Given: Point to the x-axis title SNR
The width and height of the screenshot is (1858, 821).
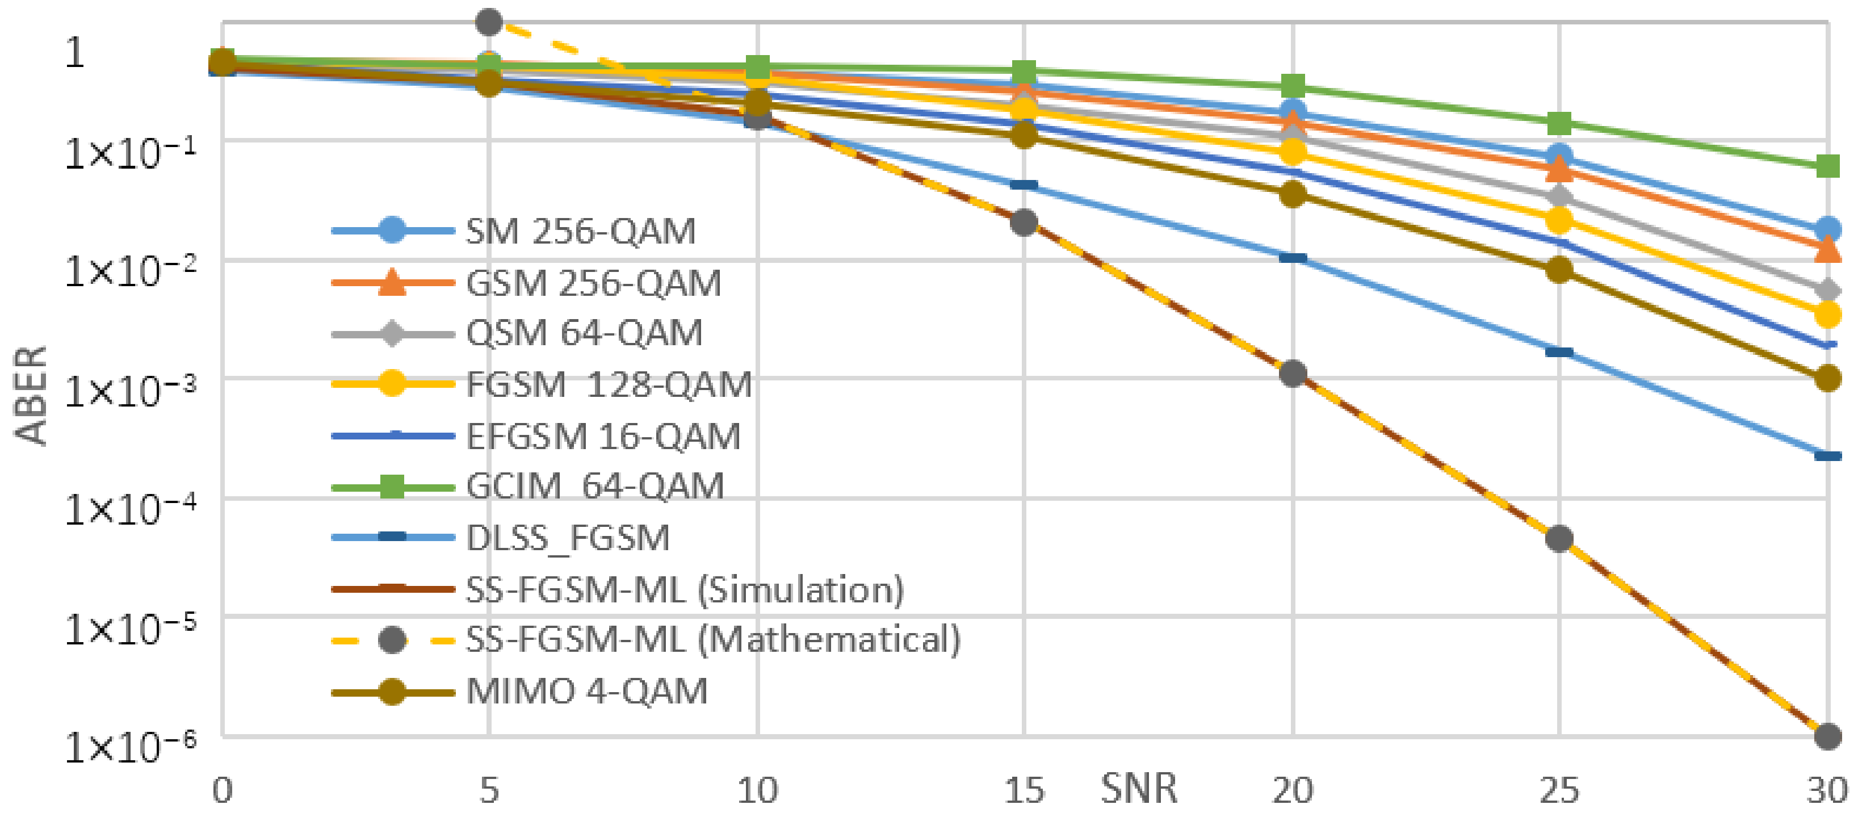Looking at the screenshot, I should tap(1138, 789).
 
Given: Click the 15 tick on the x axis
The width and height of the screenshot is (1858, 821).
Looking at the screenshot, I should tap(1024, 791).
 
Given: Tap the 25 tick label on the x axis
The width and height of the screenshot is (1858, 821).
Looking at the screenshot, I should tap(1559, 791).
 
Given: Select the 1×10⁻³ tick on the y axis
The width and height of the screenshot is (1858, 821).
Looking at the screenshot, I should tap(130, 390).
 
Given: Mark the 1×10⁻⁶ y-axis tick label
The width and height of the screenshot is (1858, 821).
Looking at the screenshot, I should tap(130, 747).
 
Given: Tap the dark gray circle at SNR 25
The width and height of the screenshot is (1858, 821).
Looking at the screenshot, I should tap(1559, 538).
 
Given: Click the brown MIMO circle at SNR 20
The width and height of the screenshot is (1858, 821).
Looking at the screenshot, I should tap(1293, 194).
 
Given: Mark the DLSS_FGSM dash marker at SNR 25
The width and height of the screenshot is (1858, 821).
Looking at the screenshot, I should tap(1559, 352).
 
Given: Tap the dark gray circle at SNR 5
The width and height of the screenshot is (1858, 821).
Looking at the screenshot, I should tap(489, 22).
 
